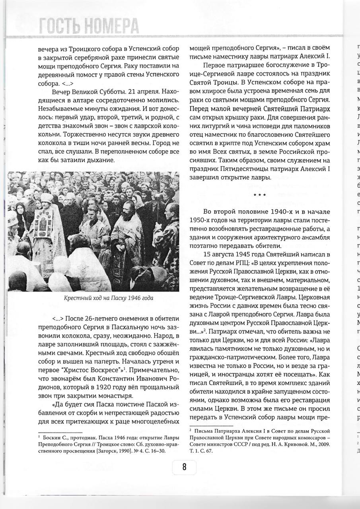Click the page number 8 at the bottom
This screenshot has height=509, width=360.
(x=184, y=466)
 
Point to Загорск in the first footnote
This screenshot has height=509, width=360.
(x=94, y=451)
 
